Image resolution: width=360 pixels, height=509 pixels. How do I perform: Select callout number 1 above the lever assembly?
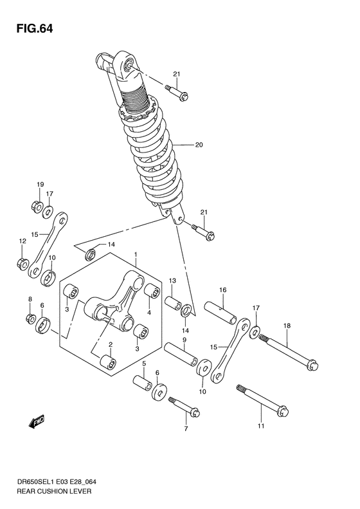136,255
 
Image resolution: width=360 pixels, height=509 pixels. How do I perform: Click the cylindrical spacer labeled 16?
221,312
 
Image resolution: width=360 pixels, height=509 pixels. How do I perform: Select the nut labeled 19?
37,207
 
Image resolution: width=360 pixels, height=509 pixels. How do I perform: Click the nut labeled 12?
21,263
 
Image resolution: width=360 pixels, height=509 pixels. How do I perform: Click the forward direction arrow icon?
35,421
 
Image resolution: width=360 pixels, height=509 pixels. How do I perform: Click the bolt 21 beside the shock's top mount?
177,92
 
